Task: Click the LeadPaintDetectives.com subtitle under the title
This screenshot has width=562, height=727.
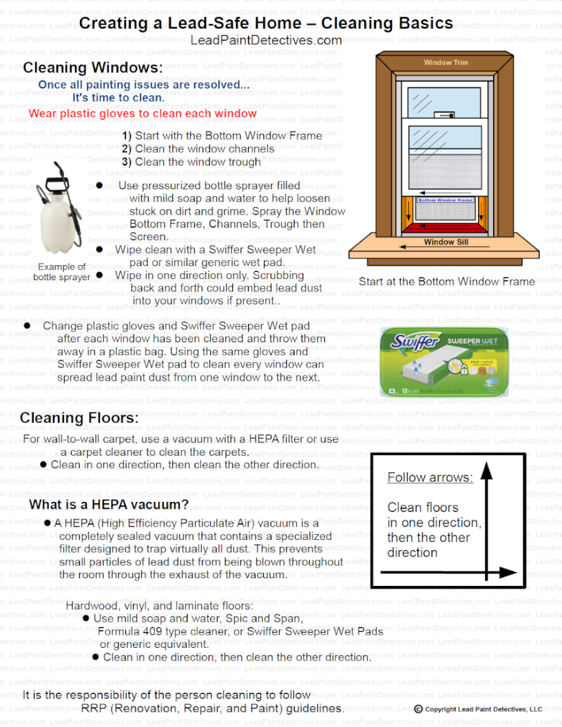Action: click(x=266, y=41)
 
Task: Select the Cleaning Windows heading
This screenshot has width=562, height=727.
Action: click(x=93, y=68)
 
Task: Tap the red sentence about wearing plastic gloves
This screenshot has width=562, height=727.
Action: click(x=143, y=114)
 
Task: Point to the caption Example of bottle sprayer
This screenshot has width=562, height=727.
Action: click(x=62, y=272)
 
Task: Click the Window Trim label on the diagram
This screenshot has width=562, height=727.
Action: click(x=446, y=63)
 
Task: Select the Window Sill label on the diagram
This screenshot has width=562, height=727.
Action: click(x=446, y=242)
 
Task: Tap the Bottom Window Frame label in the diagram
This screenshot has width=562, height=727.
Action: click(x=446, y=200)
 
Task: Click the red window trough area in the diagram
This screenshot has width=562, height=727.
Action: click(x=446, y=226)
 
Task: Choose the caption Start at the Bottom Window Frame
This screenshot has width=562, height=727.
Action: click(x=446, y=282)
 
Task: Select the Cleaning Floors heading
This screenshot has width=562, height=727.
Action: click(x=79, y=418)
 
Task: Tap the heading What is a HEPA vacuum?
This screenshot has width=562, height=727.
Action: click(x=109, y=505)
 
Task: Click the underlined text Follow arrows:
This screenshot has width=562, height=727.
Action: click(x=430, y=477)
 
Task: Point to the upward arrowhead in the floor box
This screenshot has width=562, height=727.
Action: click(x=487, y=471)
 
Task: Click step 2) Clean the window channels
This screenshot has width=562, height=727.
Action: click(x=198, y=149)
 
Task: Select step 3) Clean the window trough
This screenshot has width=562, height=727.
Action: click(x=191, y=162)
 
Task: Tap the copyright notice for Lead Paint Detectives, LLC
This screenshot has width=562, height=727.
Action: click(x=479, y=709)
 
